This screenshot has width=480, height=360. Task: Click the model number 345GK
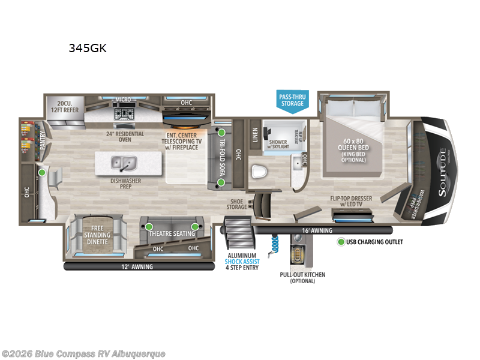coord(88,49)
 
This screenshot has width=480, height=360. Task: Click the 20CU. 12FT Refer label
coord(63,106)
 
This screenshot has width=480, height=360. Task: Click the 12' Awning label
coord(137,266)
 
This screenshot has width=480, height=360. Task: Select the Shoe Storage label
coord(236,205)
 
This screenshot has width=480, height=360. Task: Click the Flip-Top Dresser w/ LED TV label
coord(355,200)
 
